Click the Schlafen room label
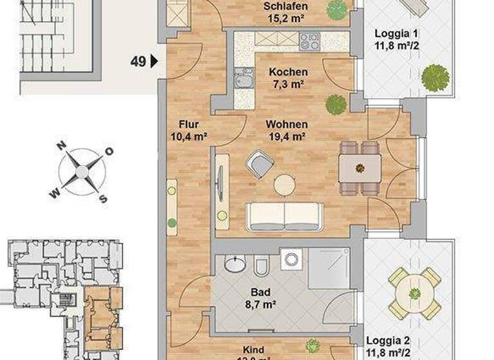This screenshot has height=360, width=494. (286, 8)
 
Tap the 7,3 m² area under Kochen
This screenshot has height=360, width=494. (288, 84)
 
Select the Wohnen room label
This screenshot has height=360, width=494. (288, 124)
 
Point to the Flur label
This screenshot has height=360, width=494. (189, 124)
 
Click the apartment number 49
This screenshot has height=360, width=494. (137, 62)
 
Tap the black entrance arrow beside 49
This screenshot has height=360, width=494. (153, 62)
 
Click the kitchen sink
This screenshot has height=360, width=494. (244, 80)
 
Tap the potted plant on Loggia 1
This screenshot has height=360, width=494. (435, 78)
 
